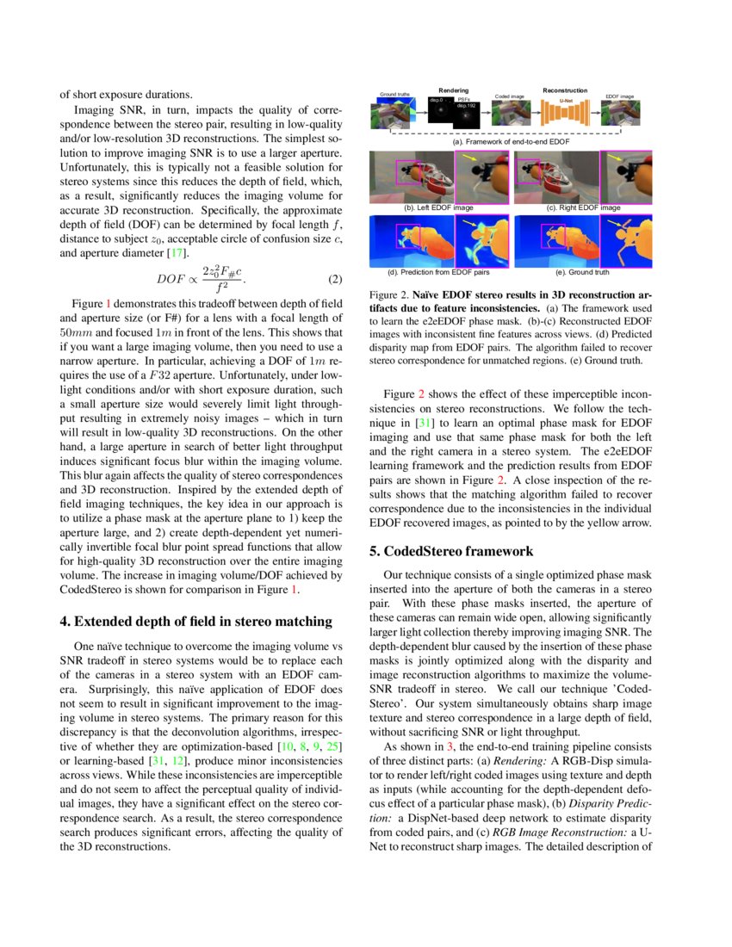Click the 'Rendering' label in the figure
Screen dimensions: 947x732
(453, 90)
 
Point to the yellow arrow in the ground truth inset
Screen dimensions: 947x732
(617, 224)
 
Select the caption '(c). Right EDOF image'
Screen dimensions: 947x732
(583, 208)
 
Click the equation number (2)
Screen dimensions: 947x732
(336, 280)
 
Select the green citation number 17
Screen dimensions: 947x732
(177, 252)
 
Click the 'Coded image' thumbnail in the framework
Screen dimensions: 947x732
(509, 114)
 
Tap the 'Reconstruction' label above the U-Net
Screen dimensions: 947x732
(565, 90)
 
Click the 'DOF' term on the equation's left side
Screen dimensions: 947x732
(170, 280)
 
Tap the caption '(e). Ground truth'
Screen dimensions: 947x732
(583, 272)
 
